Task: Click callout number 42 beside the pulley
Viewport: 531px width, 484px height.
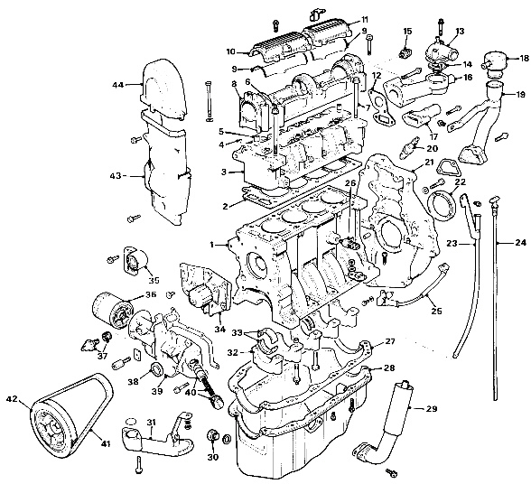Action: click(12, 398)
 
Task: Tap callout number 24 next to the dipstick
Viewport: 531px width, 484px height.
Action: click(521, 242)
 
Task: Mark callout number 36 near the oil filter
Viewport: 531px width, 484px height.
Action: click(150, 293)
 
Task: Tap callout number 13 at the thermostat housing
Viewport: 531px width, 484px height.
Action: click(460, 32)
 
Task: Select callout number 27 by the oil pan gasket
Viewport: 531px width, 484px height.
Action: click(391, 341)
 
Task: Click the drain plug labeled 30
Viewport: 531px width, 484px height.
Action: click(215, 437)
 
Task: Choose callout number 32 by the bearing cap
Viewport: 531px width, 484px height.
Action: click(232, 353)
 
